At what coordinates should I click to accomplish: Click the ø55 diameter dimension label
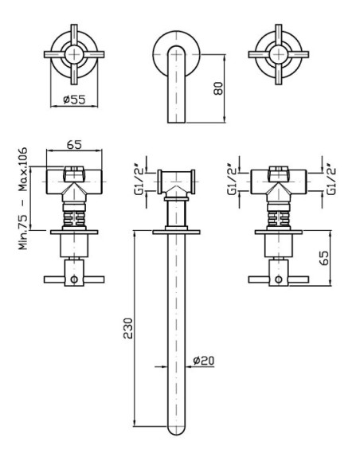click(74, 100)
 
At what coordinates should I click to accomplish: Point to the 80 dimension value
click(218, 88)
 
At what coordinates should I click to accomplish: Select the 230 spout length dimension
click(127, 328)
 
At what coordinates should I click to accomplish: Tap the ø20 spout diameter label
click(203, 361)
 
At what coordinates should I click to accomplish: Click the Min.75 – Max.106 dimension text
click(23, 198)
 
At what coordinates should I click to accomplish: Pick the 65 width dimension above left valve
click(74, 145)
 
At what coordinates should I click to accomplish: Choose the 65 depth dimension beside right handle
click(324, 258)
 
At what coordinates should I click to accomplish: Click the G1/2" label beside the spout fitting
click(139, 180)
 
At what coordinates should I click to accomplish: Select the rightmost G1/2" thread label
click(331, 179)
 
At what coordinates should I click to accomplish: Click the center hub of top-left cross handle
click(74, 55)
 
